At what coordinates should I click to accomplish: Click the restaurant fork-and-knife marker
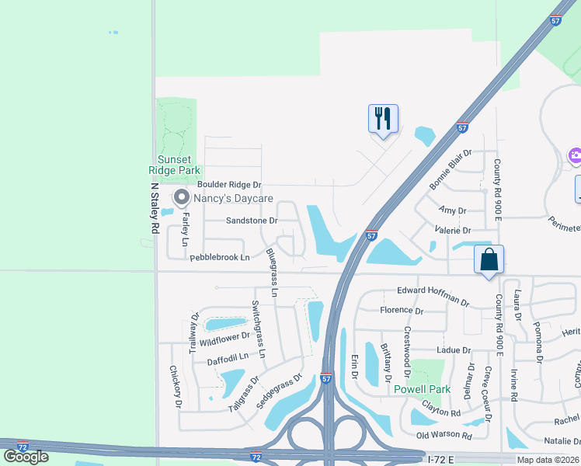[383, 119]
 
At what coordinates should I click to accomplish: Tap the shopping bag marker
[489, 259]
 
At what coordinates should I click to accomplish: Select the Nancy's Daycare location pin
[181, 197]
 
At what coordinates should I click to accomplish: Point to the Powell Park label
[422, 389]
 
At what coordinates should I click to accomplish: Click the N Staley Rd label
[155, 207]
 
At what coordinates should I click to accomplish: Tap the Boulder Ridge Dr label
[229, 184]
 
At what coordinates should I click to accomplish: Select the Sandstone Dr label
[251, 221]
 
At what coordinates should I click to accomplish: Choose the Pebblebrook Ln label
[220, 256]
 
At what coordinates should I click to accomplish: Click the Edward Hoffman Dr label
[433, 294]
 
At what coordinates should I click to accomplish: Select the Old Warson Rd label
[444, 436]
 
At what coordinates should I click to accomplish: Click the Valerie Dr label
[455, 231]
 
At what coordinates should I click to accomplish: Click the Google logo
[26, 456]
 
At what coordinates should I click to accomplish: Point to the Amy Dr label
[452, 210]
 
